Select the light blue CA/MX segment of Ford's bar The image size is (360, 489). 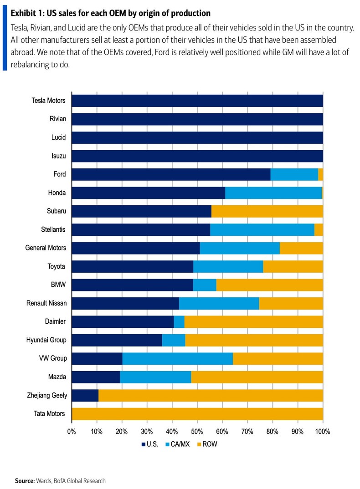click(x=294, y=174)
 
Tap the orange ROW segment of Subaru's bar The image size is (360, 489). click(x=267, y=211)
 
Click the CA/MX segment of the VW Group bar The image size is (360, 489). click(x=177, y=358)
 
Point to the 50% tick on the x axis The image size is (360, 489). click(x=197, y=431)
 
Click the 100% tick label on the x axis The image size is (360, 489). click(x=323, y=431)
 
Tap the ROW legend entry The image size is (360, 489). click(x=207, y=444)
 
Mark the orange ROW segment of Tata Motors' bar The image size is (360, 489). click(x=197, y=414)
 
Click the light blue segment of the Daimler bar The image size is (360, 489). click(x=179, y=321)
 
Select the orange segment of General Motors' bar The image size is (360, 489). click(x=301, y=248)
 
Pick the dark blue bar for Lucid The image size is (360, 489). click(x=197, y=138)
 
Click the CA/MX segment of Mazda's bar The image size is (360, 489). click(x=155, y=377)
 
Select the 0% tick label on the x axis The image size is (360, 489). click(x=72, y=431)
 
